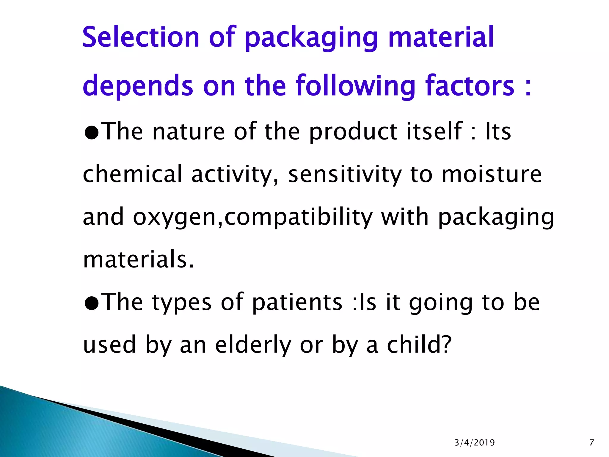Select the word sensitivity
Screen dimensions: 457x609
tap(345, 175)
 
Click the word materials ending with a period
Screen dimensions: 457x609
tap(139, 259)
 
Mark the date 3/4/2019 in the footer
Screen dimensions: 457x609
tap(475, 443)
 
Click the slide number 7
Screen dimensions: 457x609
tap(591, 443)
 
